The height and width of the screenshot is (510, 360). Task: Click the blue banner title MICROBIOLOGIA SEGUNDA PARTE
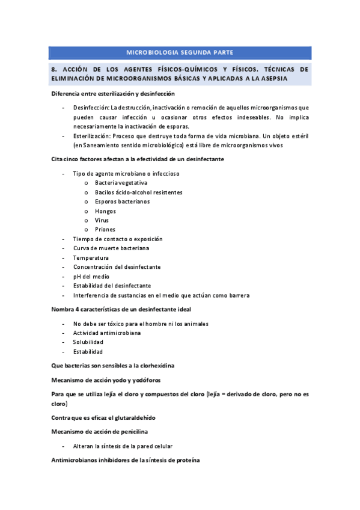180,53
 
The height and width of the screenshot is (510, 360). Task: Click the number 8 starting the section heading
53,69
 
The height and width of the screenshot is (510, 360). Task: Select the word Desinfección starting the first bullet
91,107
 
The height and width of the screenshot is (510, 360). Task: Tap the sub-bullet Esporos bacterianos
122,201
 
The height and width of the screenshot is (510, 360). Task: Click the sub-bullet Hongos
105,211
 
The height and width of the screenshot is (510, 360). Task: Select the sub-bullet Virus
102,220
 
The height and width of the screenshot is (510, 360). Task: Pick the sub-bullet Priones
105,230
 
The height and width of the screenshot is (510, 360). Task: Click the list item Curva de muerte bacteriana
111,248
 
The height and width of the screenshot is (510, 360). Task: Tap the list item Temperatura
91,258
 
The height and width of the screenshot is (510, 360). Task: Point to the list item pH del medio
91,277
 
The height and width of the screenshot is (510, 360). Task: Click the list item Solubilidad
88,342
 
